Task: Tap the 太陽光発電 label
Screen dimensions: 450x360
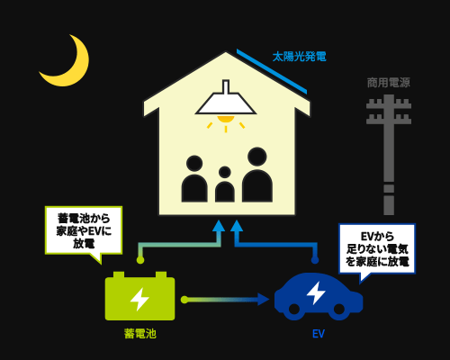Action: [x=299, y=57]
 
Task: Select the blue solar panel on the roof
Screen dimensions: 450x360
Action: [x=272, y=71]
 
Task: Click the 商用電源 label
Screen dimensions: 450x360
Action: [x=389, y=83]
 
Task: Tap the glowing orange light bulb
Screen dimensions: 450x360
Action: [x=226, y=119]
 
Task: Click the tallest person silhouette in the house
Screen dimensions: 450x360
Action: [x=257, y=175]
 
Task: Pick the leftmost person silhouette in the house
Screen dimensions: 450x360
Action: [x=194, y=179]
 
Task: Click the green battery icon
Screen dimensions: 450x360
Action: [x=139, y=296]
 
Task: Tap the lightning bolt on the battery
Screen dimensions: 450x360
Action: [x=139, y=299]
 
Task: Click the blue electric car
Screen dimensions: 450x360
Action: [x=319, y=296]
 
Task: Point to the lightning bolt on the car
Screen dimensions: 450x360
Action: [x=316, y=292]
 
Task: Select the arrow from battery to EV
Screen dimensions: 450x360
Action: [x=225, y=300]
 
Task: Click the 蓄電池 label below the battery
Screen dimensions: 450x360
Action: [x=140, y=334]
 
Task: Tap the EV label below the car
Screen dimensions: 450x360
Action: [x=319, y=334]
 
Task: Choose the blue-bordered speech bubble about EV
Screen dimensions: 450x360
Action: [x=377, y=249]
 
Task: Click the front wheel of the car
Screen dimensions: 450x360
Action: [x=338, y=309]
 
